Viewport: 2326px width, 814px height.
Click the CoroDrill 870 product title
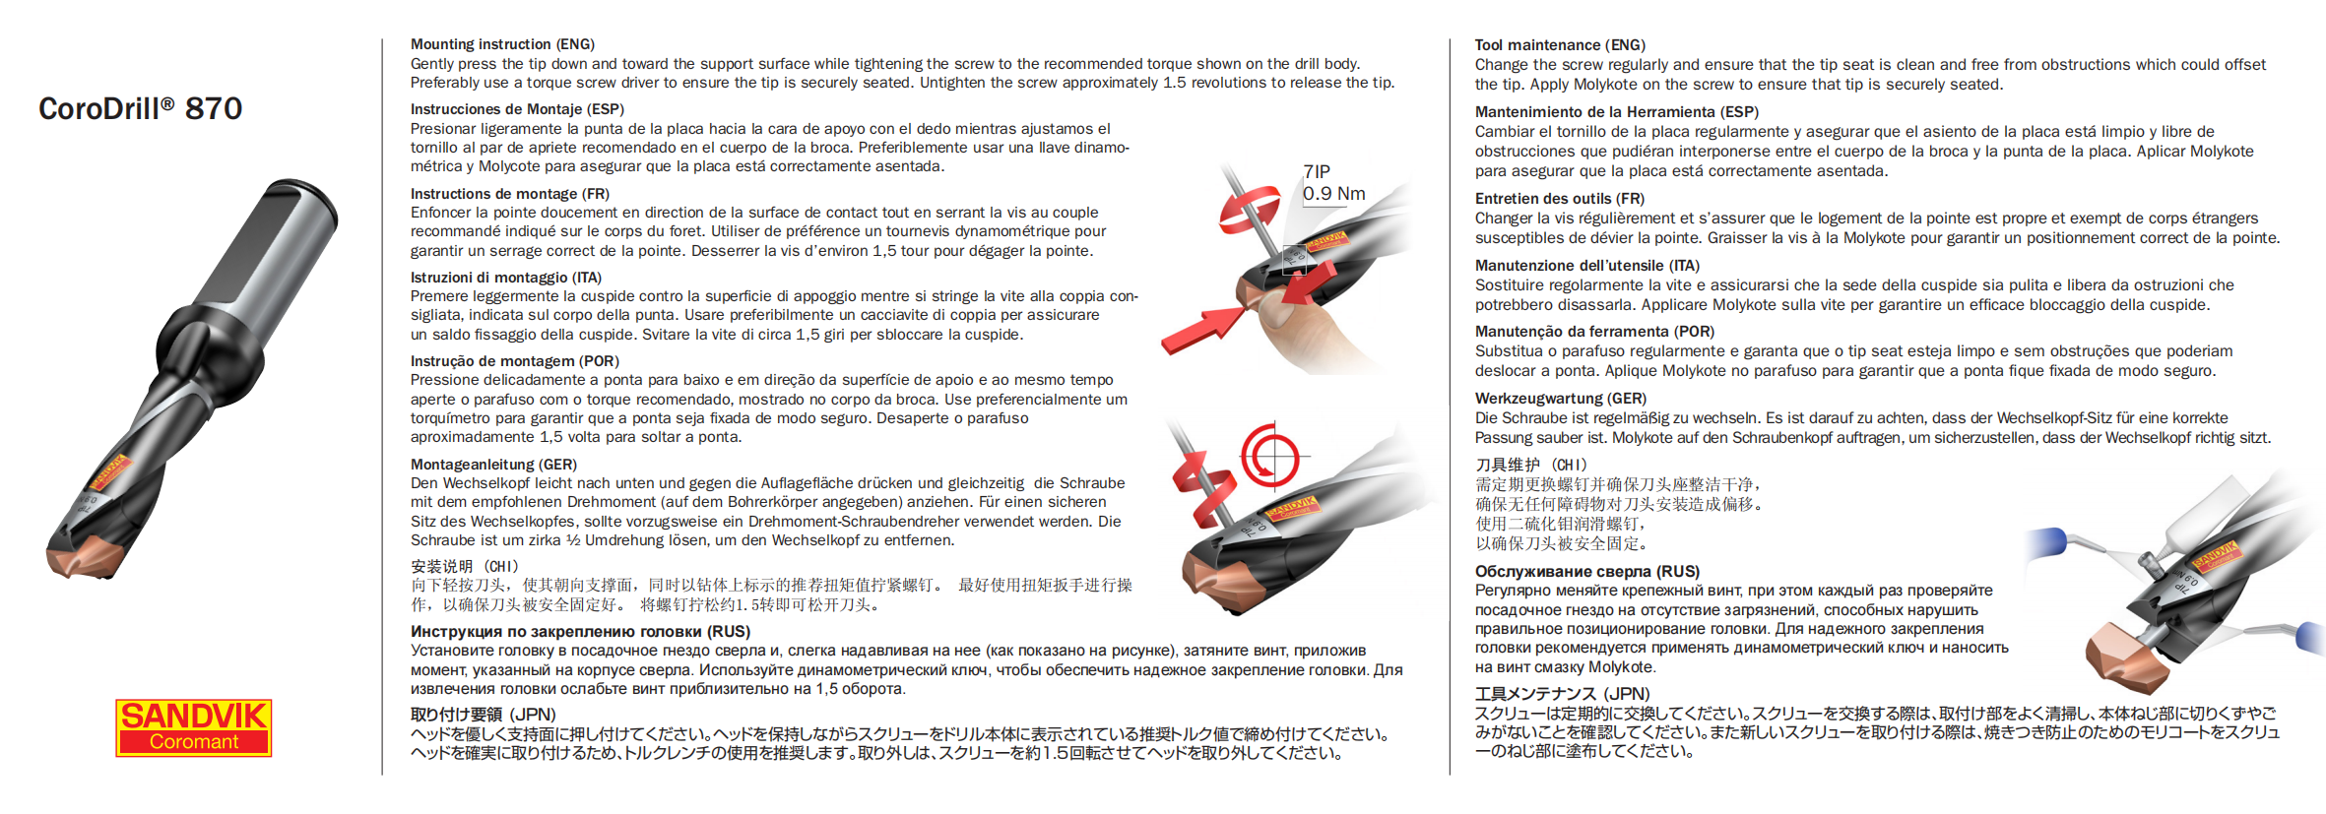coord(140,108)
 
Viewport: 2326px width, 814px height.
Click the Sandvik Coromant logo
coord(193,727)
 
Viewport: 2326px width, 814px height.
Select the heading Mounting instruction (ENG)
coord(502,44)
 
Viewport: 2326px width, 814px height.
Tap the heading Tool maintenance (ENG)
coord(1560,45)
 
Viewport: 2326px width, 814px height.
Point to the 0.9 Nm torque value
coord(1333,194)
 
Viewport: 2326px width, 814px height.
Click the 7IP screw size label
coord(1317,171)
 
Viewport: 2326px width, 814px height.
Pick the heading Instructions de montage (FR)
coord(509,194)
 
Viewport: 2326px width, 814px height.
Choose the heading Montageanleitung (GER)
coord(493,465)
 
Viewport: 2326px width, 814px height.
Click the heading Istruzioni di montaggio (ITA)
coord(505,278)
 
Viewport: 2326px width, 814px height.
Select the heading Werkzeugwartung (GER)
coord(1560,399)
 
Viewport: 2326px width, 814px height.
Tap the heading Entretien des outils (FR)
coord(1559,199)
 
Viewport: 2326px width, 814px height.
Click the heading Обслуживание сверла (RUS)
coord(1586,572)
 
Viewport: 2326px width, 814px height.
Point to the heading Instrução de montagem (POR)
coord(514,361)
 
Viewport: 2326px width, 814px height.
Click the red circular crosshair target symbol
coord(1269,457)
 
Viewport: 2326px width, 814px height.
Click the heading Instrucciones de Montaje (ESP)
coord(517,109)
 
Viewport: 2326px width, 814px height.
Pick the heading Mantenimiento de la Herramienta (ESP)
coord(1616,112)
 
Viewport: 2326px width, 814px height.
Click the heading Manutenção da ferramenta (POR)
coord(1593,332)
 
